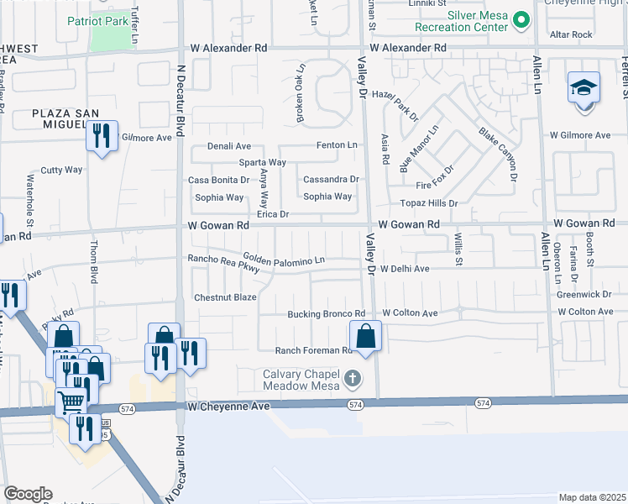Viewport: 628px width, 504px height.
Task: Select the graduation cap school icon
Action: coord(584,88)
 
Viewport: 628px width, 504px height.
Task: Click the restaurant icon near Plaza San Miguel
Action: coord(102,136)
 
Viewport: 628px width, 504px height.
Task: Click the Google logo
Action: coord(28,494)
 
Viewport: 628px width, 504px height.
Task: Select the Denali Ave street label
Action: coord(219,146)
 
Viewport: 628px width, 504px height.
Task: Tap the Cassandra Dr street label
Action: coord(331,179)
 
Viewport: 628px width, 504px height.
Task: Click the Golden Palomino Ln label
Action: coord(284,260)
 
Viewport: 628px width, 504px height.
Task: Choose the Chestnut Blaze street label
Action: coord(225,297)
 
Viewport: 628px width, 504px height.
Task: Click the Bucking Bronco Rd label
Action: coord(327,313)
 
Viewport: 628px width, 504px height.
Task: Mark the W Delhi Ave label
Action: coord(405,270)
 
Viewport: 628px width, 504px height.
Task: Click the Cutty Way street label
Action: coord(62,170)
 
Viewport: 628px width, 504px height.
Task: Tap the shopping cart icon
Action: coord(71,402)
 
